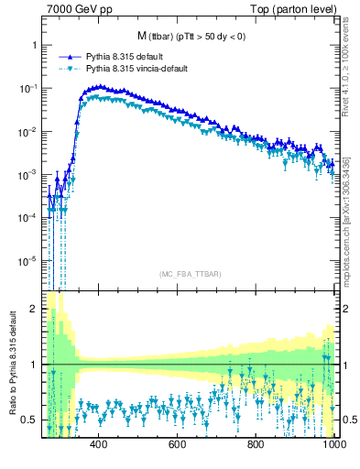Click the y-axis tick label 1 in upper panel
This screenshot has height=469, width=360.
click(34, 45)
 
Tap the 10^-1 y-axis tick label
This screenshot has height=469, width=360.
click(29, 88)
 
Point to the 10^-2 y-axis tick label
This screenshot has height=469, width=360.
click(29, 131)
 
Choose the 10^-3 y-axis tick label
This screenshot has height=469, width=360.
click(29, 174)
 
